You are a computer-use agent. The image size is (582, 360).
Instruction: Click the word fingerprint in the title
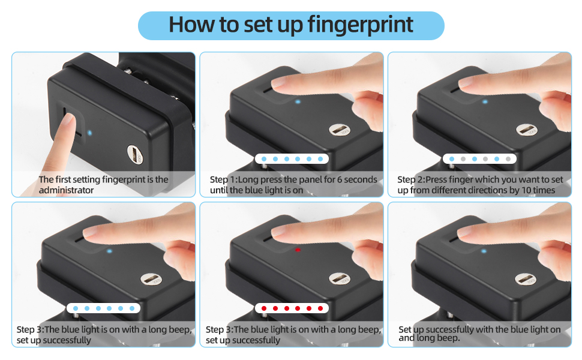(x=360, y=25)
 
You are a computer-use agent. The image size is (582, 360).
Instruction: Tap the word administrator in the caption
(x=67, y=190)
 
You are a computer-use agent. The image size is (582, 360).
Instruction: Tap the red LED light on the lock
(x=298, y=250)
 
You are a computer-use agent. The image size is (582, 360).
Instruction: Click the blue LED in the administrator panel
(x=89, y=133)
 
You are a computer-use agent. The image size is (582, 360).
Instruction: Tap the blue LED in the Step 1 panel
(x=297, y=101)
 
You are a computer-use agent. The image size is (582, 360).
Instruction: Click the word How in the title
(x=187, y=25)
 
